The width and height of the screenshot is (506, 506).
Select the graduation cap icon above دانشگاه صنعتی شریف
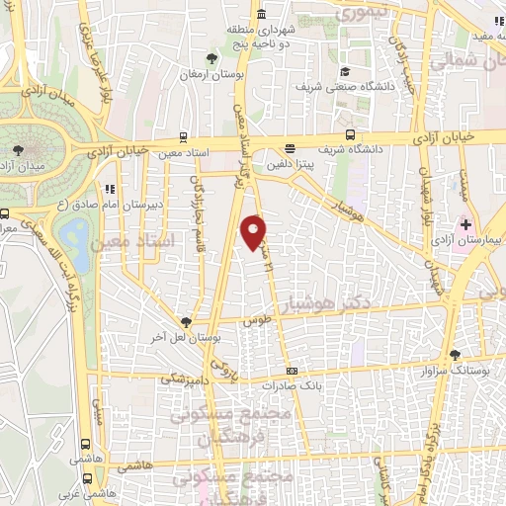[x=345, y=72]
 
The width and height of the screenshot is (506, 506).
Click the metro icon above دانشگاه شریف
[x=351, y=135]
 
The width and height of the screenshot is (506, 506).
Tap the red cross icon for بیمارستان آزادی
[x=465, y=225]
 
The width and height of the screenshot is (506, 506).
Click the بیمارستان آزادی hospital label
[x=477, y=241]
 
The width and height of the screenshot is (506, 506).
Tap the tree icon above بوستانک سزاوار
[x=455, y=354]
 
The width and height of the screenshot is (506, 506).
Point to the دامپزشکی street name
[x=186, y=377]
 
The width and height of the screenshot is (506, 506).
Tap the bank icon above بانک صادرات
[x=291, y=372]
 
